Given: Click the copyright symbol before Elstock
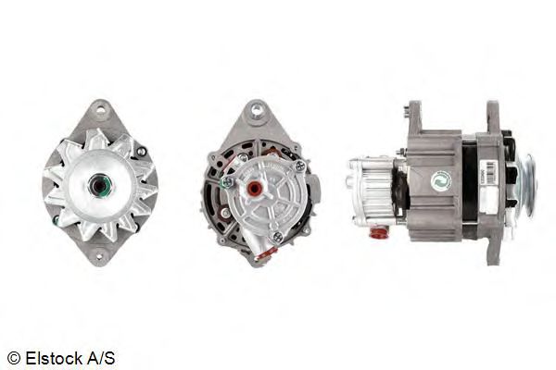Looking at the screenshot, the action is (x=14, y=358).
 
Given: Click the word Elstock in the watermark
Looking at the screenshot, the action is (x=55, y=358).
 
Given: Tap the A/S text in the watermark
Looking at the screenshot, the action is (x=101, y=358).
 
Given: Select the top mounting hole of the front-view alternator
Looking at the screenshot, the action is (x=101, y=110).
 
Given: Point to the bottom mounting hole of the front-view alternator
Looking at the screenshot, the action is (x=99, y=256).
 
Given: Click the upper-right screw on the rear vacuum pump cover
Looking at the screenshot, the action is (x=300, y=166).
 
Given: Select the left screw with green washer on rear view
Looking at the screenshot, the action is (x=226, y=182).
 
